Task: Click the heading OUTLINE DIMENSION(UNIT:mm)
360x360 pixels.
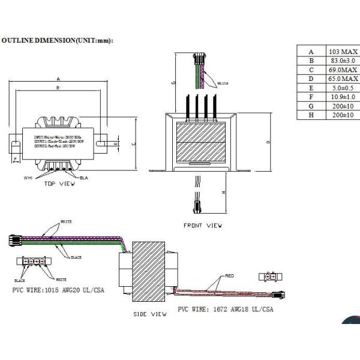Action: point(58,40)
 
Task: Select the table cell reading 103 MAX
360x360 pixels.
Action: point(343,52)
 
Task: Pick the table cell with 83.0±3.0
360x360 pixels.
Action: point(343,61)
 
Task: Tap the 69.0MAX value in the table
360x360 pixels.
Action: point(343,70)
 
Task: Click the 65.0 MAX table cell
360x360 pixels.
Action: point(343,79)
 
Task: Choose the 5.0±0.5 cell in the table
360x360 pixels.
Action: point(343,88)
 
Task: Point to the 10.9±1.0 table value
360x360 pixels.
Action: point(343,97)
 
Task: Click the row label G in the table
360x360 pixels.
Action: point(311,106)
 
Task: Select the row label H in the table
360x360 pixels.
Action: point(311,115)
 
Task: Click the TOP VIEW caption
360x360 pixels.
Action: point(60,184)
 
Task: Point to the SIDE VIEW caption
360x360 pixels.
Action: point(149,314)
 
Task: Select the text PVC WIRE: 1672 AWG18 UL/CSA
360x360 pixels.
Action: point(225,310)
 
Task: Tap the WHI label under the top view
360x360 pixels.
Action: point(28,178)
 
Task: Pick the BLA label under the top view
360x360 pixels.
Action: point(83,178)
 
